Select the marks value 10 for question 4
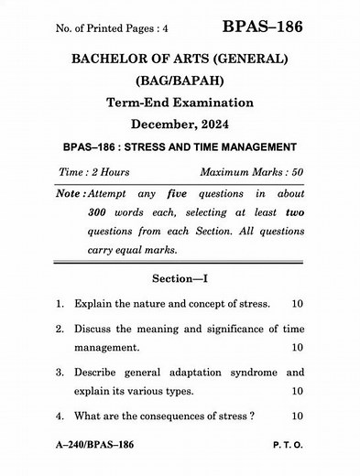(297, 416)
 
